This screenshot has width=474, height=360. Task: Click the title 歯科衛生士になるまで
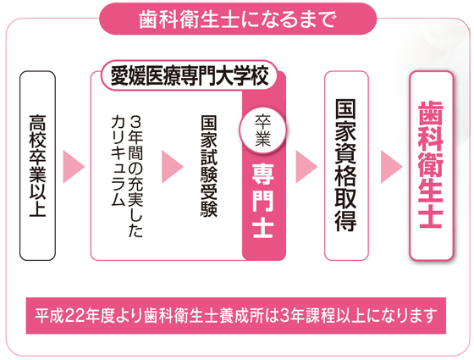click(238, 19)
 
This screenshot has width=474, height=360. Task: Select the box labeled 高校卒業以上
click(38, 166)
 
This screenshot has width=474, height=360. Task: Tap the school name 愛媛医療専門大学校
click(190, 75)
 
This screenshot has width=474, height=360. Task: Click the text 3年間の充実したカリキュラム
click(127, 176)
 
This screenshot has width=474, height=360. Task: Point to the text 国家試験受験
click(209, 166)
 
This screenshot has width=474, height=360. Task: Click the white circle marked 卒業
click(262, 130)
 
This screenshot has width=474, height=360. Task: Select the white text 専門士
click(263, 201)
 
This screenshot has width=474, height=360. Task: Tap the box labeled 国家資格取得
click(346, 166)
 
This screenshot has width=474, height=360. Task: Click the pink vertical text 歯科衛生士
click(431, 165)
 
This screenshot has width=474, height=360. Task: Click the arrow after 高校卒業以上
click(74, 167)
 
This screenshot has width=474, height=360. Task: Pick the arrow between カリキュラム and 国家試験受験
click(173, 167)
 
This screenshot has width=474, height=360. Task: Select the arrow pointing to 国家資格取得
click(306, 167)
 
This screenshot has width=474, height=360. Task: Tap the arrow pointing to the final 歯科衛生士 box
click(391, 167)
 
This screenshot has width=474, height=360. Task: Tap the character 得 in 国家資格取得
click(346, 220)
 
